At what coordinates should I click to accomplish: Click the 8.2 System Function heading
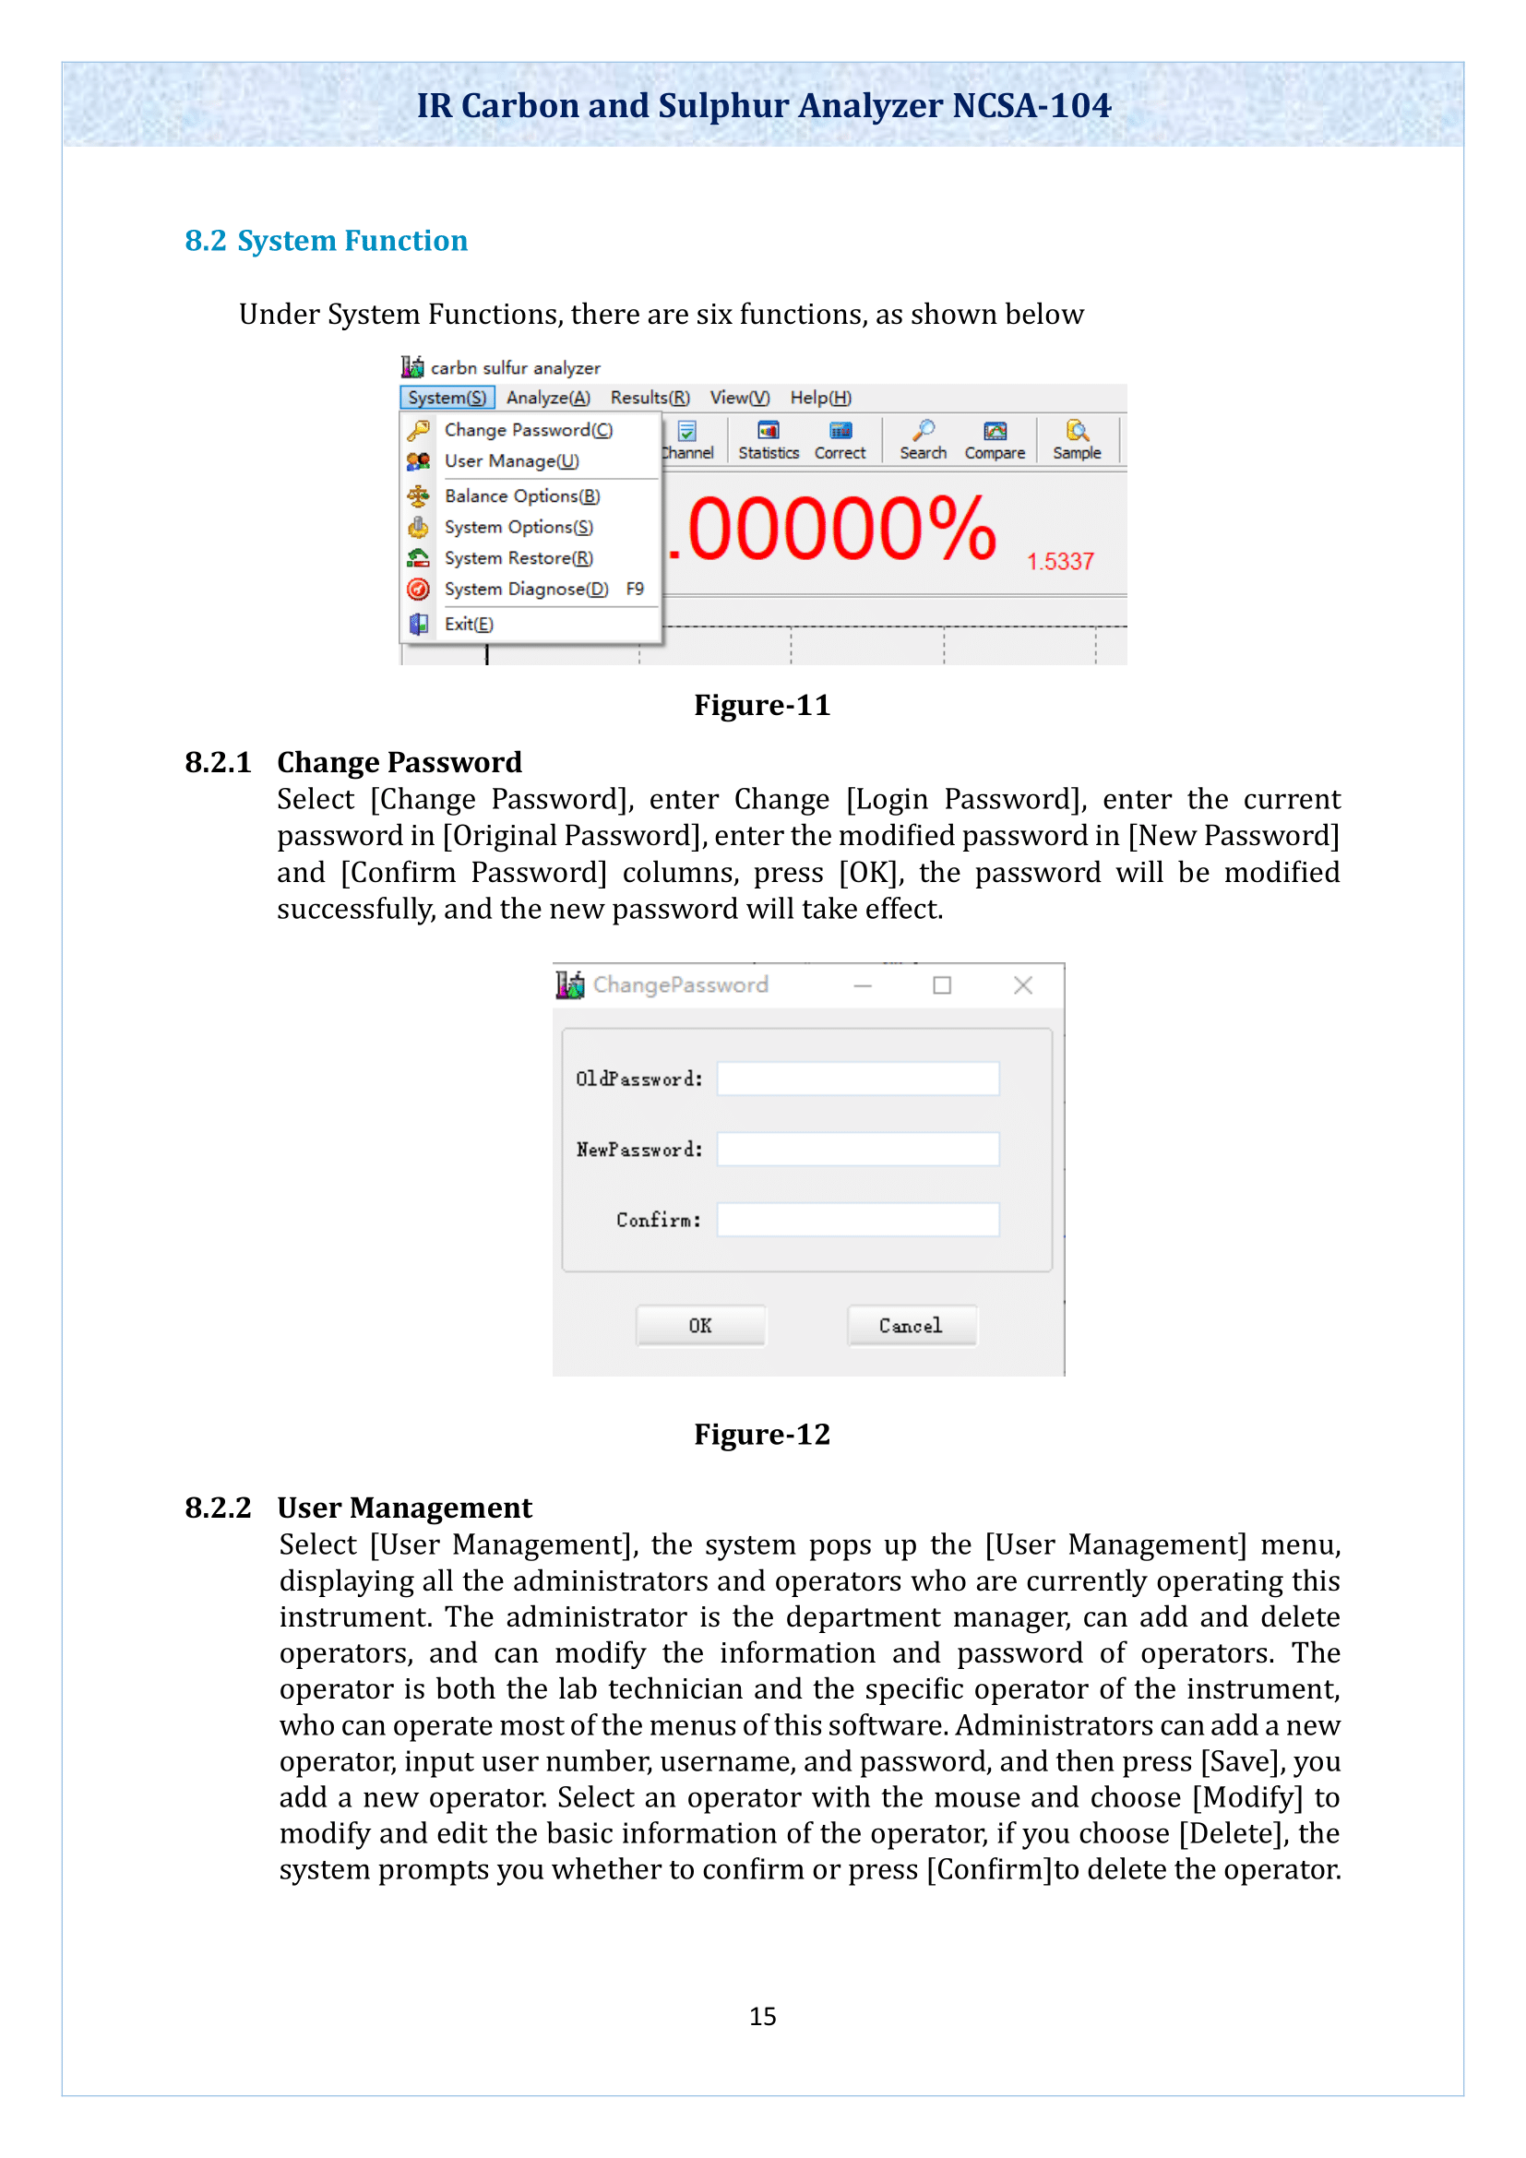[326, 241]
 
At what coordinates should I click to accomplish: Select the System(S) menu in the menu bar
[447, 398]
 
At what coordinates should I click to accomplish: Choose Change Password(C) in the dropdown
[527, 430]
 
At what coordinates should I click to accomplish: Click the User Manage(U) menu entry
[511, 460]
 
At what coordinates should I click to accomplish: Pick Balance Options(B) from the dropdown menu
[521, 495]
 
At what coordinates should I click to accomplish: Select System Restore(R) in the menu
[518, 557]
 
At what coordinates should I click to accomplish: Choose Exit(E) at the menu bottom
[468, 623]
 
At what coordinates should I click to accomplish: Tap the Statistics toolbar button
[768, 440]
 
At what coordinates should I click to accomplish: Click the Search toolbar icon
[923, 440]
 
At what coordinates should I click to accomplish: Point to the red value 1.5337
[1060, 561]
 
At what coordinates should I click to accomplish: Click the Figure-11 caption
[762, 705]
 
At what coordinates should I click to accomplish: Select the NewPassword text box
[857, 1149]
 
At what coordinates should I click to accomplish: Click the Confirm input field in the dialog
[857, 1219]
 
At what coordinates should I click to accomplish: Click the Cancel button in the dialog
[911, 1325]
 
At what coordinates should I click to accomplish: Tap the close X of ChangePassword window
[1022, 984]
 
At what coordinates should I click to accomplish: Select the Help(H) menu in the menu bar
[820, 398]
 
